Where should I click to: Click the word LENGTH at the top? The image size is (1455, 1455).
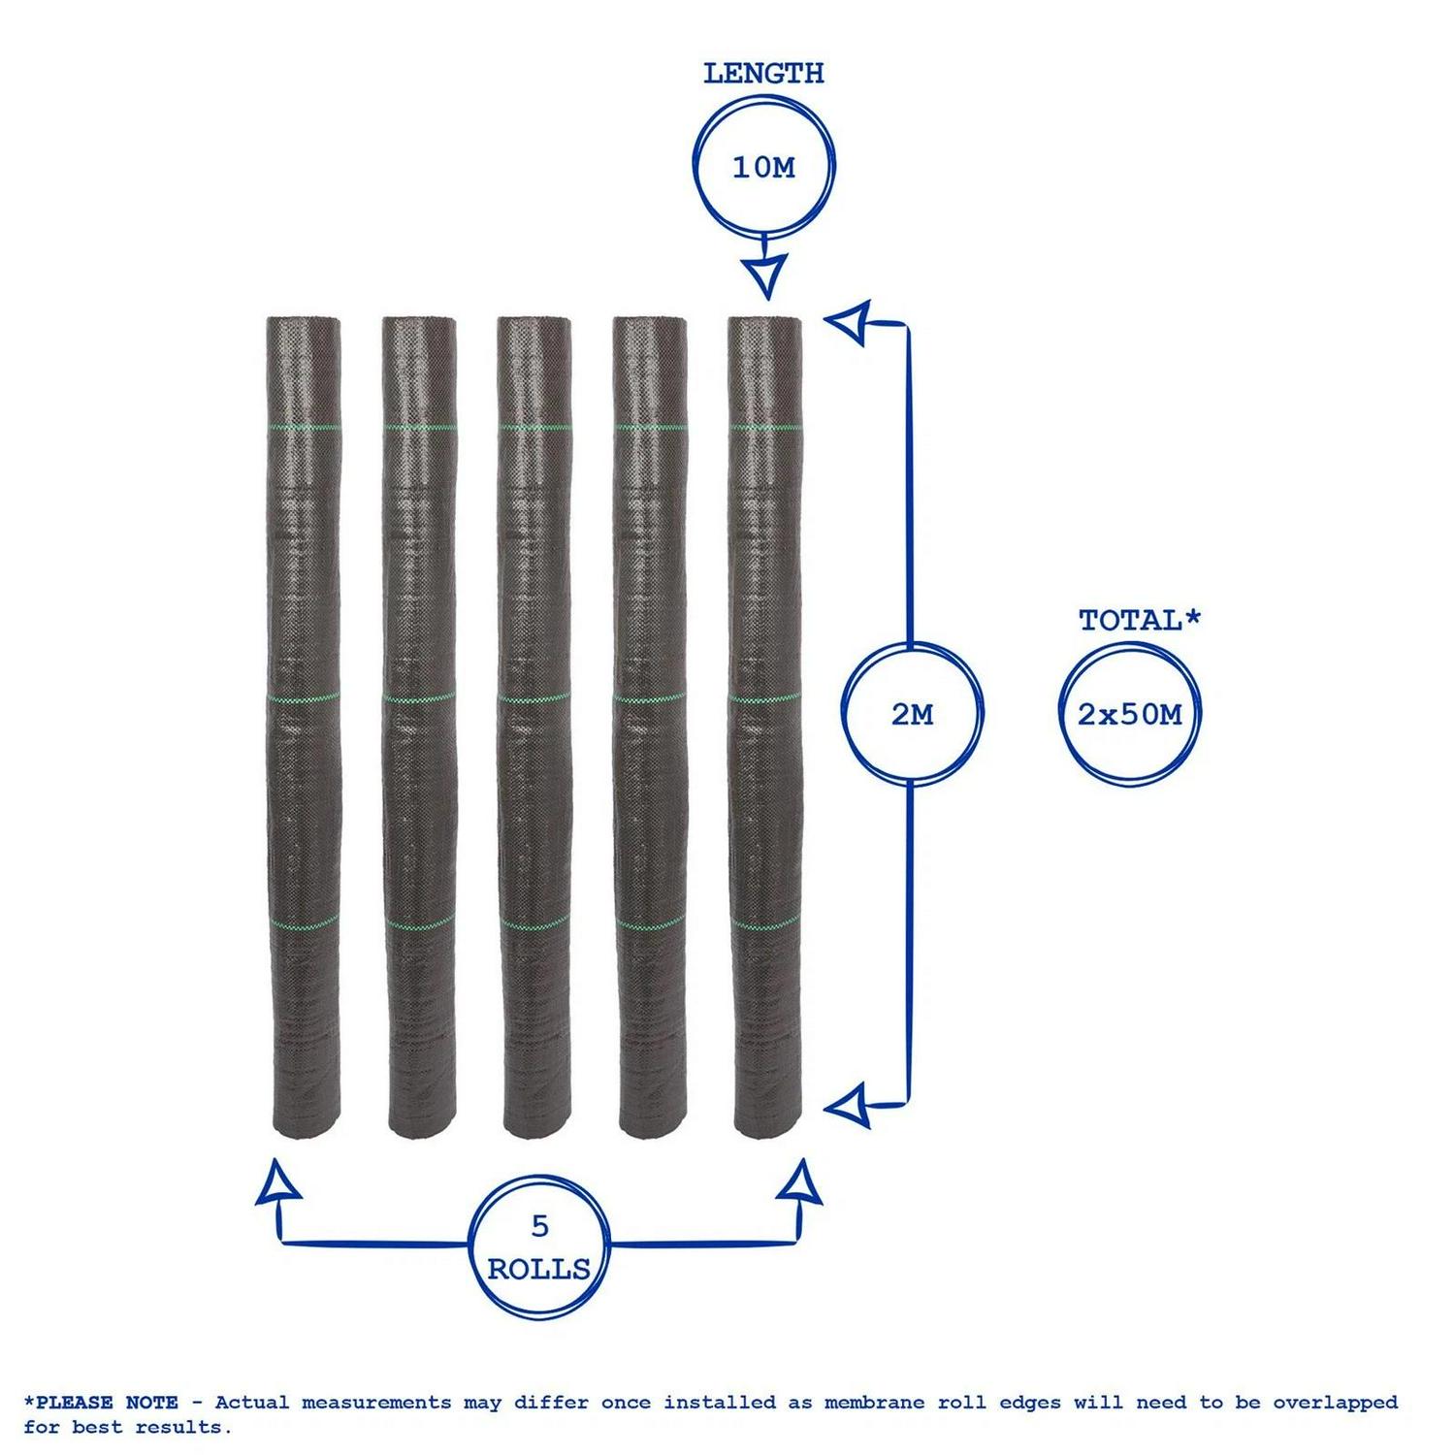[x=763, y=74]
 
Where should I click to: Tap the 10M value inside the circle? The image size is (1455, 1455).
[x=763, y=168]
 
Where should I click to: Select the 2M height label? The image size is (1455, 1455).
[x=912, y=715]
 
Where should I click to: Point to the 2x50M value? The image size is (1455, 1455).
[x=1130, y=715]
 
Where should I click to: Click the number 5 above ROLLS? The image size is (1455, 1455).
[x=540, y=1227]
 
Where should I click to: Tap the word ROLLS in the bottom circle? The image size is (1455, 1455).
[x=538, y=1269]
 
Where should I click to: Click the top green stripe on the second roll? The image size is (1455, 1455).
[x=419, y=427]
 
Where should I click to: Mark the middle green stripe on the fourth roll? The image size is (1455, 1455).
[x=650, y=697]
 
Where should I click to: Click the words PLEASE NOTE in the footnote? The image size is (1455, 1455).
[x=107, y=1403]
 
